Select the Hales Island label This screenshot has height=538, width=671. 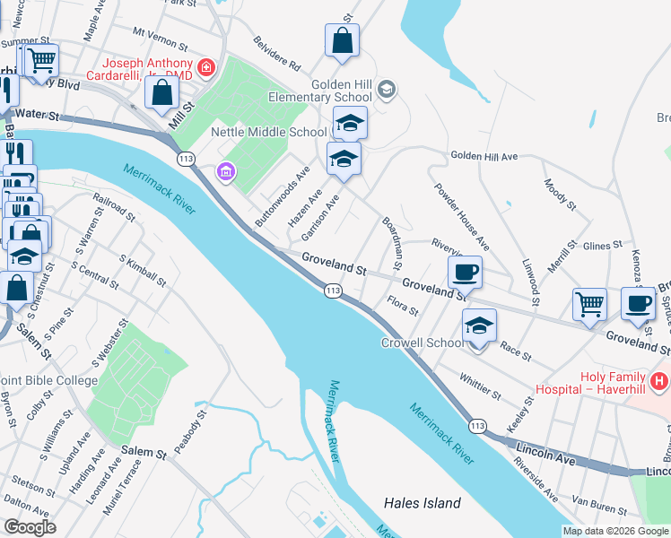click(x=422, y=503)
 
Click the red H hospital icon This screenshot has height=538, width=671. click(x=659, y=381)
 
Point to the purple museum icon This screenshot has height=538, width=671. click(x=225, y=170)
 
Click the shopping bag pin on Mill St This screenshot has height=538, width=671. click(x=161, y=91)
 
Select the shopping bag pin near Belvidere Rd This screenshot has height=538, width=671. click(x=342, y=40)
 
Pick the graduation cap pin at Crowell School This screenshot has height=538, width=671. click(x=479, y=326)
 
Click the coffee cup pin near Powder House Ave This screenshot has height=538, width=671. click(x=465, y=272)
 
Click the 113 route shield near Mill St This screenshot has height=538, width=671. click(x=187, y=159)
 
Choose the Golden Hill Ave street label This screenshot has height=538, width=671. click(x=484, y=156)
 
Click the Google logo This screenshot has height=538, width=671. click(x=30, y=527)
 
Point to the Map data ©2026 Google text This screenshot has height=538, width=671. click(x=614, y=531)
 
